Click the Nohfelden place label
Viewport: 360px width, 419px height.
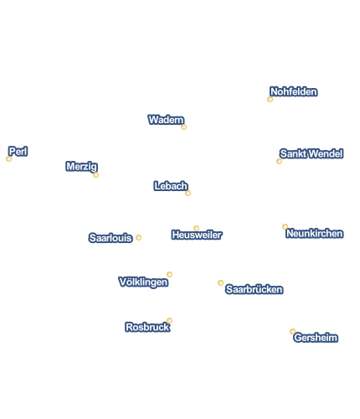tap(294, 91)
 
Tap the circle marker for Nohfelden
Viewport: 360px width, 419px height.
tap(270, 100)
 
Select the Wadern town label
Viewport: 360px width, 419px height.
tap(166, 120)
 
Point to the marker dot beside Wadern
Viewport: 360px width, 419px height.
tap(183, 127)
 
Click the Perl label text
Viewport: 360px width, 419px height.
tap(18, 152)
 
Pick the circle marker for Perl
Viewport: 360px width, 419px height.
tap(8, 159)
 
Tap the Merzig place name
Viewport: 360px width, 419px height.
tap(81, 167)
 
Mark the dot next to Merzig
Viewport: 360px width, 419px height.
tap(95, 175)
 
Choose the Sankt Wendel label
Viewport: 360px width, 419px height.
tap(311, 153)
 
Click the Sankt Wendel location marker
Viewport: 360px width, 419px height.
tap(279, 162)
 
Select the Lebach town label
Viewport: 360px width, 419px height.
tap(171, 186)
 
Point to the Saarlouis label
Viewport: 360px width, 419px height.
tap(111, 238)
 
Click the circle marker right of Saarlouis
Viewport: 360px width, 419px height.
tap(138, 238)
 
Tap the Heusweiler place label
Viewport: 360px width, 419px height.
tap(197, 235)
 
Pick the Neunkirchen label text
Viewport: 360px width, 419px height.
tap(315, 234)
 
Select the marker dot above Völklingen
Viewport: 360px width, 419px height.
tap(169, 274)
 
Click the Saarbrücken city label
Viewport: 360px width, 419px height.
tap(255, 289)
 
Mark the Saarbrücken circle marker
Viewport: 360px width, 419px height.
tap(220, 283)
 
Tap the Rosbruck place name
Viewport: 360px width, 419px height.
tap(147, 327)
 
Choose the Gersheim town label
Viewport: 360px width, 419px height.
tap(316, 338)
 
